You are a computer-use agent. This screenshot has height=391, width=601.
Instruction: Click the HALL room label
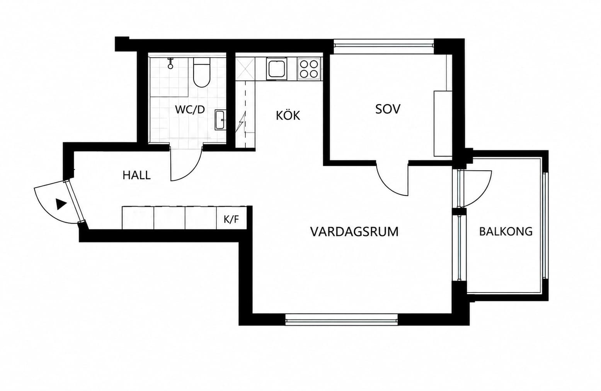(x=136, y=175)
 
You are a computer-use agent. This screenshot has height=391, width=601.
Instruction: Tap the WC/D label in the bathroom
(x=190, y=110)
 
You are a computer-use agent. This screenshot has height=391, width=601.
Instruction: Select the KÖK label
(x=288, y=115)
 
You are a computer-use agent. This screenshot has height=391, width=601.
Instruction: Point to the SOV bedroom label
(x=388, y=109)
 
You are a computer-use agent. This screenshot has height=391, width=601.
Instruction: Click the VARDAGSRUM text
(x=354, y=232)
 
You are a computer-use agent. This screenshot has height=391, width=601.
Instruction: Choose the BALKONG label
(x=506, y=231)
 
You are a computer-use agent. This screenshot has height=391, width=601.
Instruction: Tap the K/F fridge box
(x=231, y=219)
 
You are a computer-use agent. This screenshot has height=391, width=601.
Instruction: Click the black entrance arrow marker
(x=61, y=204)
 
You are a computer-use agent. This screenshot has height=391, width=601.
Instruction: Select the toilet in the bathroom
(x=201, y=72)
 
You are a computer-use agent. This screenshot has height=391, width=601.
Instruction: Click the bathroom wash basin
(x=221, y=120)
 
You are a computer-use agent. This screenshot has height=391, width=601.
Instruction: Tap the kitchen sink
(x=276, y=69)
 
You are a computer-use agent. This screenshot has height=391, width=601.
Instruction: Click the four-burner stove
(x=309, y=69)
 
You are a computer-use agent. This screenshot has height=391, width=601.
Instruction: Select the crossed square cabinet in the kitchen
(x=245, y=69)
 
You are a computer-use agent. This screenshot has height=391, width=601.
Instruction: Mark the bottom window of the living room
(x=341, y=320)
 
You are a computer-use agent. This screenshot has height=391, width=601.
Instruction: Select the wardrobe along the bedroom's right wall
(x=443, y=123)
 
